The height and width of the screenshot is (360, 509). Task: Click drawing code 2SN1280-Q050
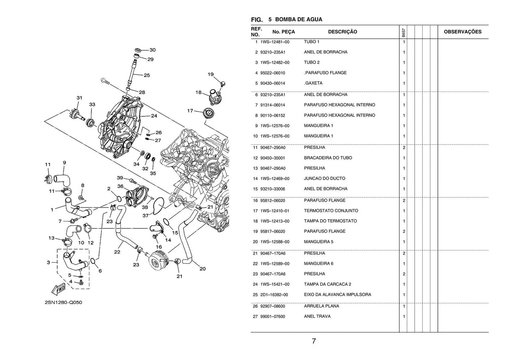click(x=63, y=302)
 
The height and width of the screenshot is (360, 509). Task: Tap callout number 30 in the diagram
click(x=153, y=50)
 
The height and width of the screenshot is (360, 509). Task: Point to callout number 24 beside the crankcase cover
click(x=154, y=116)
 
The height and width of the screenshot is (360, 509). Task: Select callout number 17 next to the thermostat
click(x=190, y=111)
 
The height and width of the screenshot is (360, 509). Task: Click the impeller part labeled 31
click(x=75, y=115)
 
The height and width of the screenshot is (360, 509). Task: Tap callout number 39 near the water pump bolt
click(x=120, y=178)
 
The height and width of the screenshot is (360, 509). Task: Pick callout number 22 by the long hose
click(x=117, y=252)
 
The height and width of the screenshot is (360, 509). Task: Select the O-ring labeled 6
click(x=93, y=261)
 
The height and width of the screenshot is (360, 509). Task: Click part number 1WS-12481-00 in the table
click(x=275, y=42)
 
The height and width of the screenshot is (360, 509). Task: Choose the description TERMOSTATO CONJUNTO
click(x=331, y=211)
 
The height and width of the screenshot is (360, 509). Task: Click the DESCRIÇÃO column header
click(x=343, y=32)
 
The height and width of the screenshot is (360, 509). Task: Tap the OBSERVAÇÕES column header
click(x=462, y=32)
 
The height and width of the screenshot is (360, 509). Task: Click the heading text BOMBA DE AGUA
click(x=299, y=19)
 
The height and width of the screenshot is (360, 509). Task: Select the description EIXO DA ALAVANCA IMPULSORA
click(x=337, y=295)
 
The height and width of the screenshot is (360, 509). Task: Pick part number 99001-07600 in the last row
click(x=273, y=317)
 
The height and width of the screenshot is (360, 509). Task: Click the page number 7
click(x=314, y=341)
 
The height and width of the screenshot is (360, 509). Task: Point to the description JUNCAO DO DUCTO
click(x=324, y=178)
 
